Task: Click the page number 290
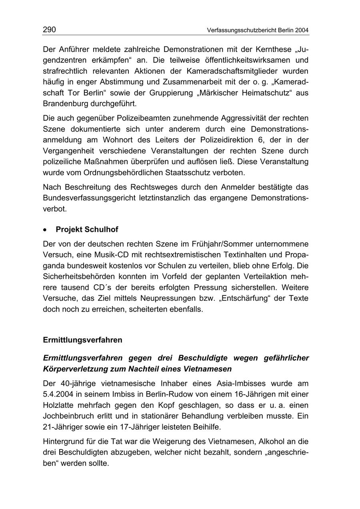click(x=49, y=30)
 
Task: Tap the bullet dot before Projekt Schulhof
click(x=46, y=230)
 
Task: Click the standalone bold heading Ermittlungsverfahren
click(x=82, y=340)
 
